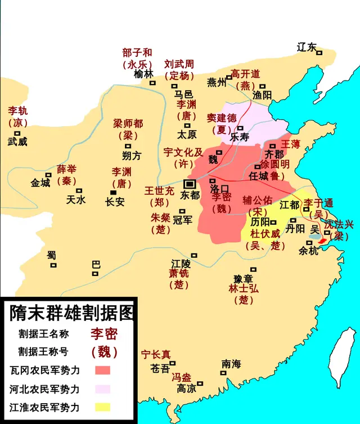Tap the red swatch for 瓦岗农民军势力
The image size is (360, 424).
pos(102,370)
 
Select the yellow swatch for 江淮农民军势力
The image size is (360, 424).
pos(102,407)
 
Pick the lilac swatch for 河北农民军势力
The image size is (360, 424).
pos(102,389)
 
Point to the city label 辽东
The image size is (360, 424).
pos(307,47)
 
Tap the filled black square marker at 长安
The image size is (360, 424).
pos(114,192)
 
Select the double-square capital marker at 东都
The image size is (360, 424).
pos(190,184)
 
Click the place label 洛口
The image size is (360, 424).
pos(220,189)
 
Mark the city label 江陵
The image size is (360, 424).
pos(181,263)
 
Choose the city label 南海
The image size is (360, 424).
pos(231,363)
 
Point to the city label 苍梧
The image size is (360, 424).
pos(160,369)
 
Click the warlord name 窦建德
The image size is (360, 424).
pos(222,118)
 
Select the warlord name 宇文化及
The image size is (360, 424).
pos(182,153)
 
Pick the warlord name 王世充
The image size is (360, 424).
pos(157,190)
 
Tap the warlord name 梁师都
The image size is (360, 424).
pos(128,123)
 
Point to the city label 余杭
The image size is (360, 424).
pos(308,251)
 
